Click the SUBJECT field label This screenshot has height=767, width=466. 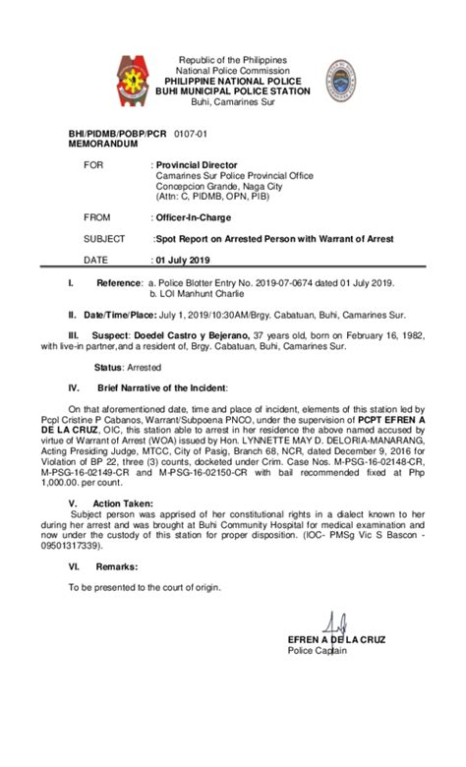pos(104,239)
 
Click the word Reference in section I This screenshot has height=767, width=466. pos(119,282)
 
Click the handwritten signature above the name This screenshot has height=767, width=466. pos(336,625)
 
